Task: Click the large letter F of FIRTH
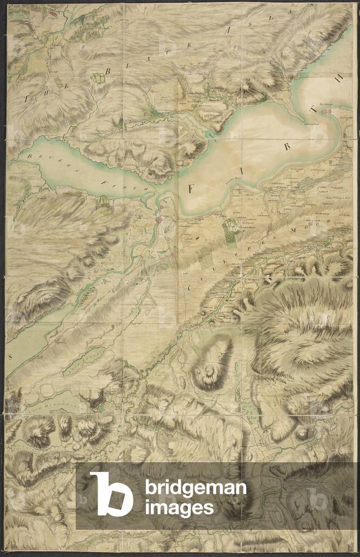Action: tap(191, 189)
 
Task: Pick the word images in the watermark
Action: tap(179, 508)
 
